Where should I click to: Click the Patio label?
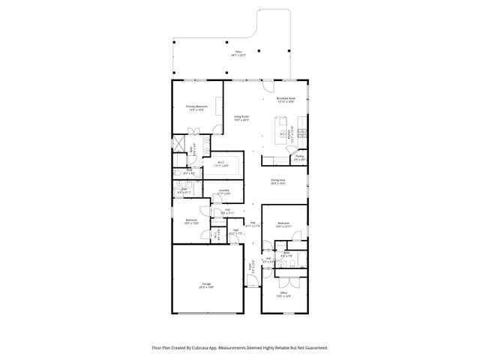tap(239, 53)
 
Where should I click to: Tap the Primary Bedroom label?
tap(196, 108)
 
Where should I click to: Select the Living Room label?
tap(241, 118)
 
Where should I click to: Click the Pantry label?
tap(298, 158)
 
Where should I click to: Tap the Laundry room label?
tap(223, 192)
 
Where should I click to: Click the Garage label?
tap(205, 285)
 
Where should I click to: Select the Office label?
tap(283, 295)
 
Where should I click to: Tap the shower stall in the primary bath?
tap(180, 144)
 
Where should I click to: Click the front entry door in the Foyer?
tap(253, 281)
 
